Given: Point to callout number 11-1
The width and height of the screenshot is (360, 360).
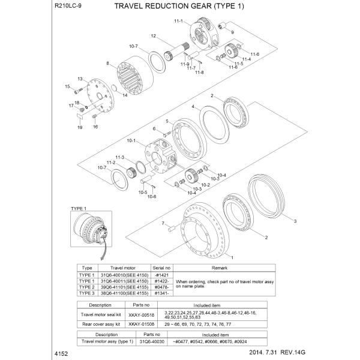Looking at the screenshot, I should (x=178, y=21).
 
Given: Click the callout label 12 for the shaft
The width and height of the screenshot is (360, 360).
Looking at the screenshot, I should (x=154, y=36).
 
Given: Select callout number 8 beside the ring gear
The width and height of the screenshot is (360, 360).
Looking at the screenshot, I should (x=107, y=63).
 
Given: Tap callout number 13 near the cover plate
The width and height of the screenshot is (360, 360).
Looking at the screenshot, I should (x=79, y=79).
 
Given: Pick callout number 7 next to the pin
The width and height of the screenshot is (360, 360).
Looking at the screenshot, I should (x=162, y=223).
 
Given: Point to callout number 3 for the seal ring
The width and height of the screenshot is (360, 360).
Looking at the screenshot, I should (x=295, y=221).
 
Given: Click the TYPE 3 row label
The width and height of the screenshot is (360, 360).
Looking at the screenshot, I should (x=86, y=293).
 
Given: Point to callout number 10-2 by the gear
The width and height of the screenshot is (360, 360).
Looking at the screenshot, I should (x=205, y=185).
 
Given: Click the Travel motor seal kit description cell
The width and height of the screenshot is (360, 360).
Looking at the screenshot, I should (x=100, y=314).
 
